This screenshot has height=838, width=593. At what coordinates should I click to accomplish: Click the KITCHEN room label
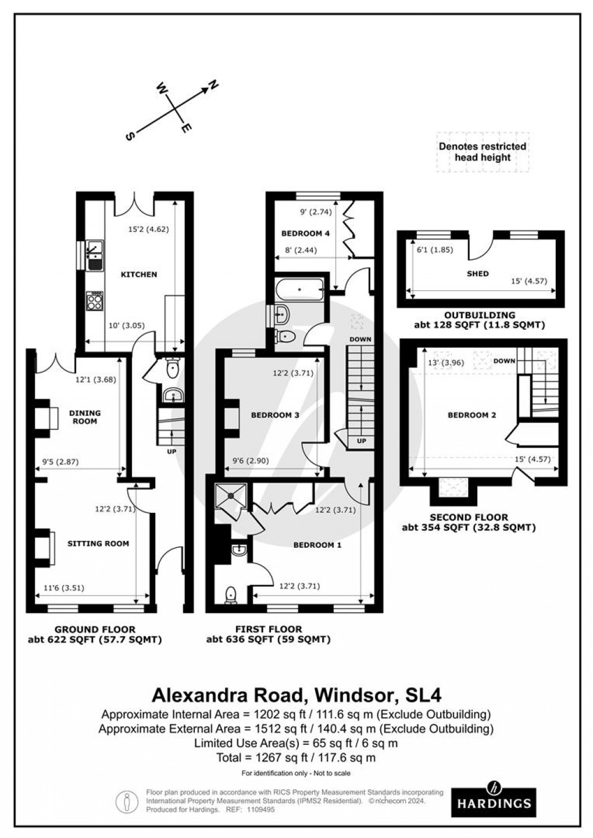coord(139,274)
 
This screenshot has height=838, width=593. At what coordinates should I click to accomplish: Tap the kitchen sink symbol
coord(93,255)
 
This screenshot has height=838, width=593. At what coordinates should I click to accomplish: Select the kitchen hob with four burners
coord(95,301)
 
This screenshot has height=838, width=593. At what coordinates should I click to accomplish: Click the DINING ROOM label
coord(85,417)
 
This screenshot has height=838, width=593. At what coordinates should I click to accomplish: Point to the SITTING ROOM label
coord(98,544)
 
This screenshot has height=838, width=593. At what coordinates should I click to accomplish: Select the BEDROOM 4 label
coord(305,234)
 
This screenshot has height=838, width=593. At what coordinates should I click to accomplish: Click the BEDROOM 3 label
coord(275,415)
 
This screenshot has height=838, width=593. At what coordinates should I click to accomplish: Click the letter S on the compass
coord(129,135)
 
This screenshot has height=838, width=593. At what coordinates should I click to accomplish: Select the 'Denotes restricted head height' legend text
coord(483,152)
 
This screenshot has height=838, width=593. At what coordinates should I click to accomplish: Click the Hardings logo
coord(494,798)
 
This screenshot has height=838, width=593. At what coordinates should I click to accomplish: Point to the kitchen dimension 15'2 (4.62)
coord(148,229)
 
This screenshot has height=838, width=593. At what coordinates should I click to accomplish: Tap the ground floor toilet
coord(172,368)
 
